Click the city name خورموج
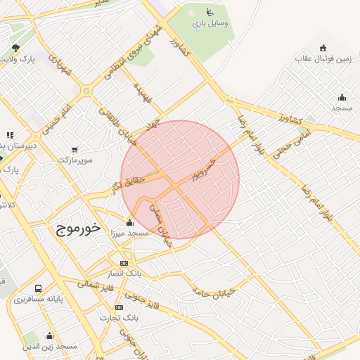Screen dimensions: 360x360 tap(76, 229)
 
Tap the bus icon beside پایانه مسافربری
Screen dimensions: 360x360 tap(37, 288)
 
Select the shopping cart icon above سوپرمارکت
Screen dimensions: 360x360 tap(75, 149)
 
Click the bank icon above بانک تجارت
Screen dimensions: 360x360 tap(119, 307)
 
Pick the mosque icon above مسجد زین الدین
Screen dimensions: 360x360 tap(49, 335)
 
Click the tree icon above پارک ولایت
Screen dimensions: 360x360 tap(15, 48)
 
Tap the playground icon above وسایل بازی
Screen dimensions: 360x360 tap(209, 11)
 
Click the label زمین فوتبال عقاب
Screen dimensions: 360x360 tap(323, 60)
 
